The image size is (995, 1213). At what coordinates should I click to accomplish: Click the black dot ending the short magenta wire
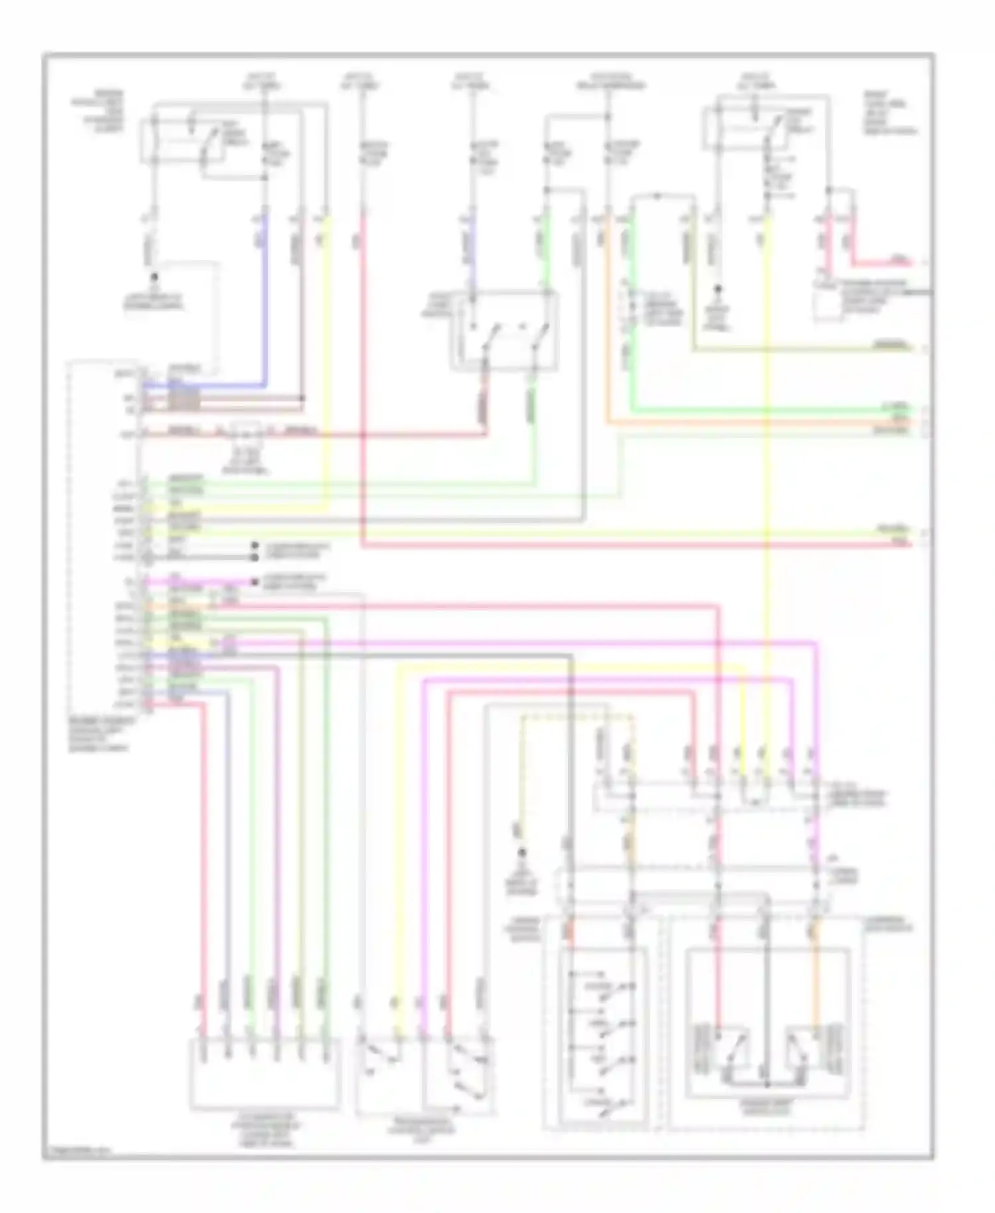point(255,582)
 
